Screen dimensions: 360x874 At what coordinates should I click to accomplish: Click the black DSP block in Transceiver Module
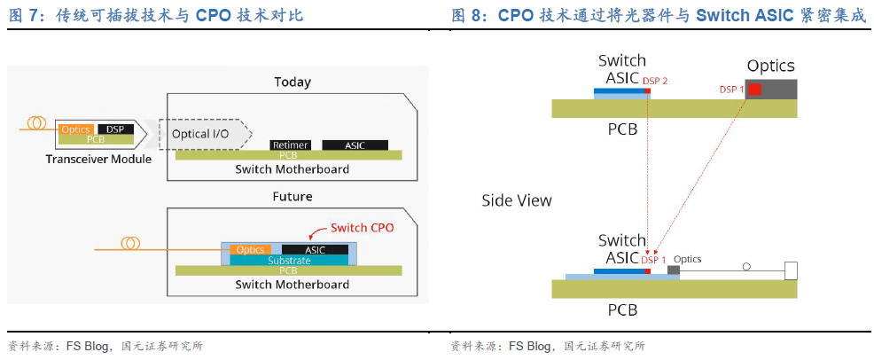(x=115, y=129)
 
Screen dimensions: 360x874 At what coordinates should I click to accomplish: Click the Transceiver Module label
(x=98, y=159)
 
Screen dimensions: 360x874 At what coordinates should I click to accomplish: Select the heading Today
(x=292, y=82)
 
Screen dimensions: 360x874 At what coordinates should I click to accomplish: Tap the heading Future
(x=292, y=196)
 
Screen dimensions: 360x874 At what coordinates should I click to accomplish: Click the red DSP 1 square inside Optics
(x=753, y=90)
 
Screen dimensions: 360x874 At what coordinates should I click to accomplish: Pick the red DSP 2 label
(x=655, y=81)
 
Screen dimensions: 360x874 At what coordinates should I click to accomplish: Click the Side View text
(x=517, y=200)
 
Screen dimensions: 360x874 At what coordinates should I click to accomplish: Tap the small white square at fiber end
(x=791, y=270)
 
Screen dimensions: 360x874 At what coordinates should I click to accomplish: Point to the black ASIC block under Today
(x=354, y=144)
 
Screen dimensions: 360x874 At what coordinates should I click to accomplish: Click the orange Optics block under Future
(x=251, y=250)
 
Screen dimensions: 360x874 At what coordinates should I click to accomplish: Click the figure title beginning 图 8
(x=658, y=15)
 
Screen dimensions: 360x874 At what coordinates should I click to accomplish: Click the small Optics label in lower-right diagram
(x=687, y=259)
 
